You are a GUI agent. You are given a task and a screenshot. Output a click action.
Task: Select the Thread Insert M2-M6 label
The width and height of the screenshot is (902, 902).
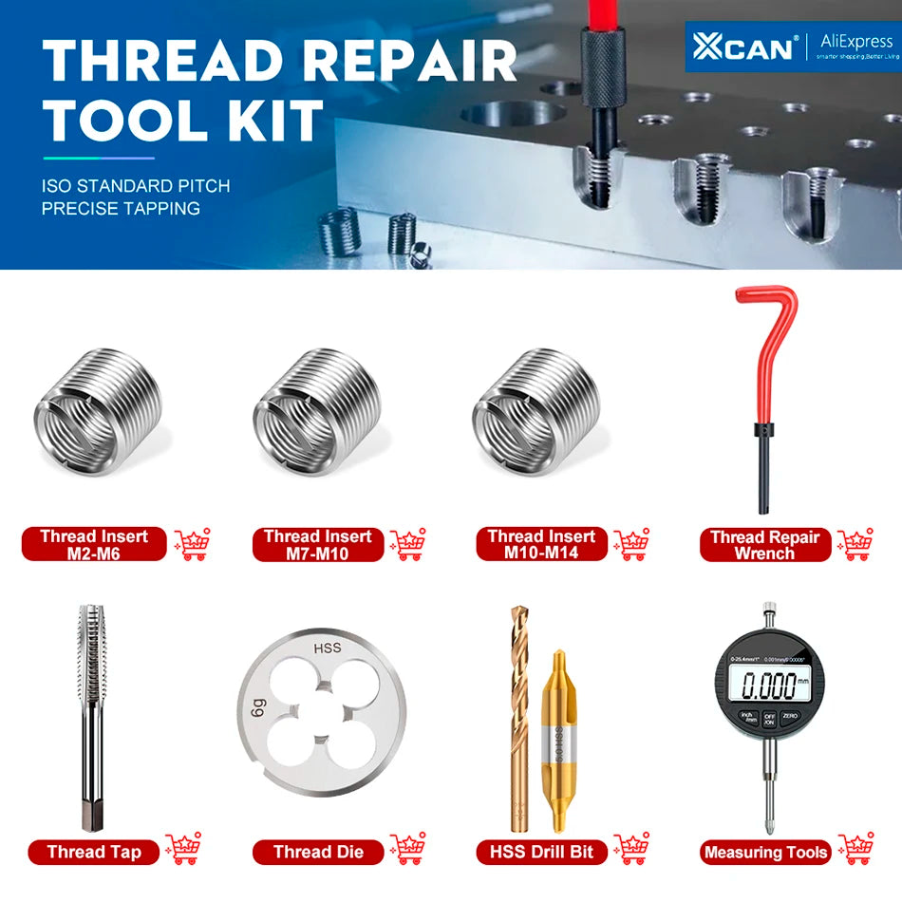pyautogui.click(x=94, y=544)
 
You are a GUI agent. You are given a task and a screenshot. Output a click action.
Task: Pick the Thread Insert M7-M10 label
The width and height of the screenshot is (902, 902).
pyautogui.click(x=317, y=544)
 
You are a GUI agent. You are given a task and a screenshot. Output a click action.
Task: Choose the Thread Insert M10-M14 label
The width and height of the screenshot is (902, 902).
pyautogui.click(x=541, y=544)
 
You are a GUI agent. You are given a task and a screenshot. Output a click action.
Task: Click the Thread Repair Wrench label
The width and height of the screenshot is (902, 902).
pyautogui.click(x=764, y=544)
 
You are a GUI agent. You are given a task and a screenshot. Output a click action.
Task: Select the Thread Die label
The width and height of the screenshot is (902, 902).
pyautogui.click(x=318, y=852)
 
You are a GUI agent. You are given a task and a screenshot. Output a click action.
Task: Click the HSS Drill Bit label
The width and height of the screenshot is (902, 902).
pyautogui.click(x=541, y=852)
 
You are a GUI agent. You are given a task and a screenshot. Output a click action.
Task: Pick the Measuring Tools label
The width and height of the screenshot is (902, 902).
pyautogui.click(x=765, y=852)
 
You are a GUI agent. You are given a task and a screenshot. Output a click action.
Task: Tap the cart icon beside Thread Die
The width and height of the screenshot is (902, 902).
pyautogui.click(x=408, y=848)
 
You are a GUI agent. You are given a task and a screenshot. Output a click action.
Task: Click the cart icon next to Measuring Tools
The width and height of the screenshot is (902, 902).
pyautogui.click(x=855, y=848)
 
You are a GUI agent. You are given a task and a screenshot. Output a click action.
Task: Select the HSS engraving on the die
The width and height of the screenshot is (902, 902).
pyautogui.click(x=326, y=649)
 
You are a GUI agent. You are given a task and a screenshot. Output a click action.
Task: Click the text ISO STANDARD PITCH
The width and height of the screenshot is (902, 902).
pyautogui.click(x=136, y=186)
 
